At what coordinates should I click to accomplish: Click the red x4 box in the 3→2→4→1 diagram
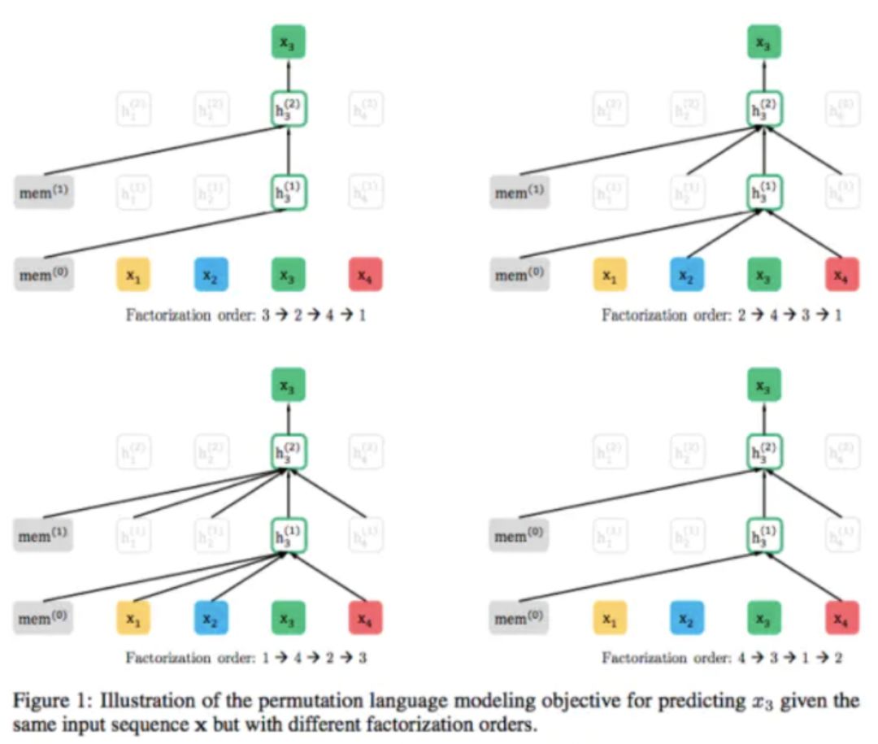pos(365,275)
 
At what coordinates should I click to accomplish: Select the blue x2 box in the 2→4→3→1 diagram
pos(686,275)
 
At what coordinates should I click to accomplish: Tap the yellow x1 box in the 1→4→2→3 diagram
pos(133,618)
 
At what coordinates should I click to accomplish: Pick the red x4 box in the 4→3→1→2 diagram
pos(841,618)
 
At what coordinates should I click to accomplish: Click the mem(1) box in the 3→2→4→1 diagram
pos(44,194)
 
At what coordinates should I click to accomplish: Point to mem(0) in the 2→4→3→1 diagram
pos(519,275)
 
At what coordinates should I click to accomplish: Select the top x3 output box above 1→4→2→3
pos(288,385)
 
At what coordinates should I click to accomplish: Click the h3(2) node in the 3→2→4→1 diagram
pos(288,108)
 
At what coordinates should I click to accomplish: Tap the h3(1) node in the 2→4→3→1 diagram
pos(764,194)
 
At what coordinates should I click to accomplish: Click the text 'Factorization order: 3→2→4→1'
pos(246,315)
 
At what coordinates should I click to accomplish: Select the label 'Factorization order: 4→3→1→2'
pos(722,658)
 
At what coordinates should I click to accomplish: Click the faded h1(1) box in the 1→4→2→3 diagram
pos(133,537)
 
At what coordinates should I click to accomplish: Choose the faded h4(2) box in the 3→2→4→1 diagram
pos(366,108)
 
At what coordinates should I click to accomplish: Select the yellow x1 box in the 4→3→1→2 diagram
pos(609,618)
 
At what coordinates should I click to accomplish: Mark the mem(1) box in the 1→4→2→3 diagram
pos(44,537)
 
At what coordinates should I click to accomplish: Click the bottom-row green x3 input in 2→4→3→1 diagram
pos(764,275)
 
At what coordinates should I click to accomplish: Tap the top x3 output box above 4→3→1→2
pos(764,385)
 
